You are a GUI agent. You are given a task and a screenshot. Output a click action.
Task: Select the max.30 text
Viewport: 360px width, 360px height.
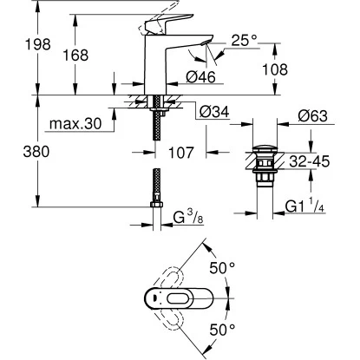75,126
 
